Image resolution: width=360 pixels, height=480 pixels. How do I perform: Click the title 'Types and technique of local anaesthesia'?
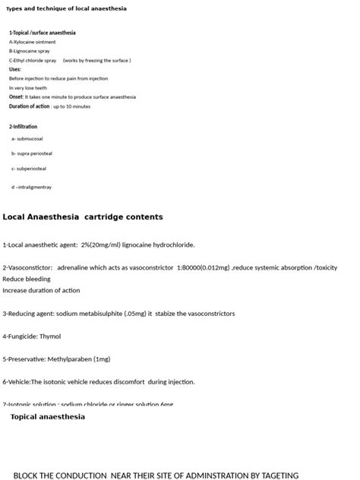(66, 8)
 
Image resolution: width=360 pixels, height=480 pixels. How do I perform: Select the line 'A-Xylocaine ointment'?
(32, 43)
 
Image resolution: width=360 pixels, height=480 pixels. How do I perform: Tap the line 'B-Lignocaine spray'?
(30, 51)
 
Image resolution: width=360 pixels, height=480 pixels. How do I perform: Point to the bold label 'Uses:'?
(15, 69)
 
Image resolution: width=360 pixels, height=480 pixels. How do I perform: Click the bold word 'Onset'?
(16, 97)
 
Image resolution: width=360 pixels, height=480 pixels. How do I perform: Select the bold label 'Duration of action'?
(30, 106)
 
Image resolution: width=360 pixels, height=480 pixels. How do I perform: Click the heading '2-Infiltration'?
(23, 127)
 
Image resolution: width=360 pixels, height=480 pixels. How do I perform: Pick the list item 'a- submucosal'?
(27, 139)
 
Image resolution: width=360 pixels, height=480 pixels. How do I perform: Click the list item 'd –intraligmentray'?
(32, 187)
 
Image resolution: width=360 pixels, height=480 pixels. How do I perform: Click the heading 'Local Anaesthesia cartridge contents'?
(83, 217)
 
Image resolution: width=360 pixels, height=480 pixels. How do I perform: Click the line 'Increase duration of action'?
(41, 290)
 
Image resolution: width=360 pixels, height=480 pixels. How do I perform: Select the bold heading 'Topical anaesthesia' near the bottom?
(48, 417)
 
